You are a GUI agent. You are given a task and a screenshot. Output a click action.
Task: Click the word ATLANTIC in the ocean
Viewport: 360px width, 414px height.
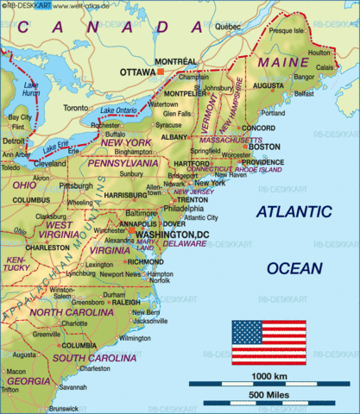point(294,211)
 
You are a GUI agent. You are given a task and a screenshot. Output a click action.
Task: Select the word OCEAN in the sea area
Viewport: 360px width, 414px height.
point(294,268)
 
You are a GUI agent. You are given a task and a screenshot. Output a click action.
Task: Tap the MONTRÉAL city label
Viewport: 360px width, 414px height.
point(176,60)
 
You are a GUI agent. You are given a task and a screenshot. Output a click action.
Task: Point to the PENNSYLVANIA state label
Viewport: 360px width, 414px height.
point(125,161)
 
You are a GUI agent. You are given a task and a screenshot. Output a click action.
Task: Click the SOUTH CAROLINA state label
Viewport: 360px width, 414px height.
point(86,356)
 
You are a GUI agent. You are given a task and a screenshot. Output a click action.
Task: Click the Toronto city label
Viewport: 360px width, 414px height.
point(76,109)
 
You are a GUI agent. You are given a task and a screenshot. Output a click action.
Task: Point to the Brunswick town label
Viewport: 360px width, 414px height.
point(64,408)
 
